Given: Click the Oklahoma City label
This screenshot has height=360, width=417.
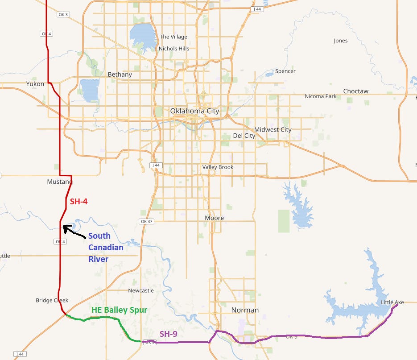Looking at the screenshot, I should coord(194,111).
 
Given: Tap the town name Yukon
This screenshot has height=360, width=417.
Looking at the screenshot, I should coord(35,84).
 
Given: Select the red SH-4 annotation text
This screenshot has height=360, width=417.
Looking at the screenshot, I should coord(78,202).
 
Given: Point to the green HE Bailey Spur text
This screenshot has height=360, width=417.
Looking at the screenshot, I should coord(119,310).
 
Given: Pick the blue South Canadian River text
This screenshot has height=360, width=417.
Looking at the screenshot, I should coord(105,248).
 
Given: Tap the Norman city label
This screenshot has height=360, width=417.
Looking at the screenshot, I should coord(245,310).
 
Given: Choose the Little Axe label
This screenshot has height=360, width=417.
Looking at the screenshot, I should coord(392,302).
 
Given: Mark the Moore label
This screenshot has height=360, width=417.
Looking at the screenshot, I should coord(214,218).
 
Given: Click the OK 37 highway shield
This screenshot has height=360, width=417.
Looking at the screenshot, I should coord(146,221).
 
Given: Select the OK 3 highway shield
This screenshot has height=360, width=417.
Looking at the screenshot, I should coord(63,15).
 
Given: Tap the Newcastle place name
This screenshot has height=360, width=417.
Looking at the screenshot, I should coord(140,290).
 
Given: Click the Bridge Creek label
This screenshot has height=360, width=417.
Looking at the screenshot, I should coord(52,301).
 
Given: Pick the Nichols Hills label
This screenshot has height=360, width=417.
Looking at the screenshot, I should coord(174,49).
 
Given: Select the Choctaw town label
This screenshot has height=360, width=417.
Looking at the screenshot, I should coord(355,91).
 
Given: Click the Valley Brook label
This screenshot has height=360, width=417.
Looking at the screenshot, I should coord(218,167).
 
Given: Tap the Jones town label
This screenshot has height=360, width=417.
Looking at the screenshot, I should coord(340,41).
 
